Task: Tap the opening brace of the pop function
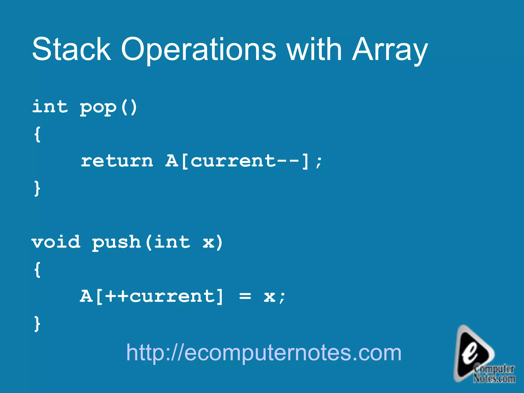pyautogui.click(x=37, y=134)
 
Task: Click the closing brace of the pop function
pyautogui.click(x=37, y=188)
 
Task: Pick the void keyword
pyautogui.click(x=56, y=242)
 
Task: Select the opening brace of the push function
pyautogui.click(x=37, y=269)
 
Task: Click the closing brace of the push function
pyautogui.click(x=37, y=323)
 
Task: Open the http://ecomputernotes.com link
pyautogui.click(x=264, y=353)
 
